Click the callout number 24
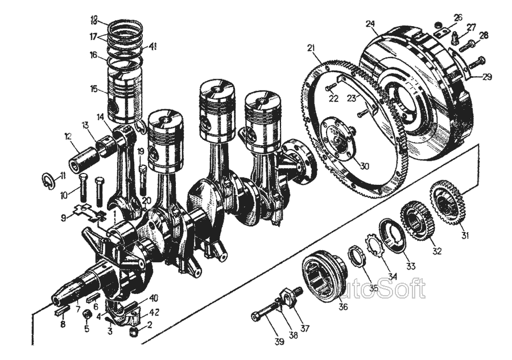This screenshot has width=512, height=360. point(370,24)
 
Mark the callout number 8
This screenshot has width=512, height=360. point(63,325)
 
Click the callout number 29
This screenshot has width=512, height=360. point(488,77)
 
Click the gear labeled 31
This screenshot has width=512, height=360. point(447,204)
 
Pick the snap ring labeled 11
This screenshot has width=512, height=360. point(50,181)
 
